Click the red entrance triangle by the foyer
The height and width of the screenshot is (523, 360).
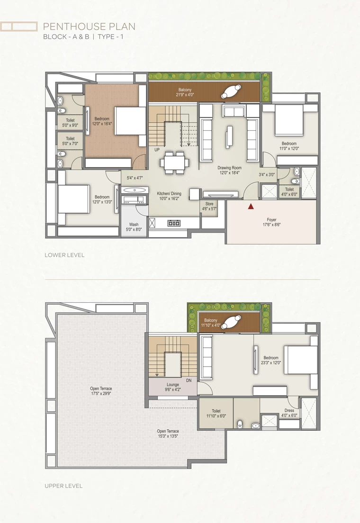pos(251,207)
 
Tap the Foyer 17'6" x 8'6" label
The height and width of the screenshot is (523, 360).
pos(271,222)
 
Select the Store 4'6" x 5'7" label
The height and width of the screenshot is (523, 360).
pos(209,207)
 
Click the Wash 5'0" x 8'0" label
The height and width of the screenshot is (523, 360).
pos(134,227)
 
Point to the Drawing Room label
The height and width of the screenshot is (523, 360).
pos(230,168)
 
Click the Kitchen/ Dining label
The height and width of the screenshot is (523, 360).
pos(169,193)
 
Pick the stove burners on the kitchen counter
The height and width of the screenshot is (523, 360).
pos(174,223)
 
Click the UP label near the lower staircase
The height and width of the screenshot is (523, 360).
pos(157,150)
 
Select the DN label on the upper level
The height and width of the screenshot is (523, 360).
pos(189,380)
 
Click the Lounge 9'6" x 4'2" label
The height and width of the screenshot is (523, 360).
pos(173,387)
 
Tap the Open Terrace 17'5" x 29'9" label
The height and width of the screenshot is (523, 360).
pos(101,391)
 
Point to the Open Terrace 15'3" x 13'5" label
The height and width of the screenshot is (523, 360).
pos(168,433)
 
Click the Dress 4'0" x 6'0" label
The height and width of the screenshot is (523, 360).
pos(289,413)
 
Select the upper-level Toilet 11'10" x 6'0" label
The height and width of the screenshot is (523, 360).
pos(216,414)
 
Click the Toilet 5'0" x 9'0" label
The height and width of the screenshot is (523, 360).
pos(70,123)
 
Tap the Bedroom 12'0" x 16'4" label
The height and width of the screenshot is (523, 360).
pos(102,121)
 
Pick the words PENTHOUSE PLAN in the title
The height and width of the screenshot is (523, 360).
pos(90,27)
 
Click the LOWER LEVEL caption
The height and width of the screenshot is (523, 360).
pos(65,255)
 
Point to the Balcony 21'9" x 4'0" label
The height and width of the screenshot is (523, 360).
pos(185,92)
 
